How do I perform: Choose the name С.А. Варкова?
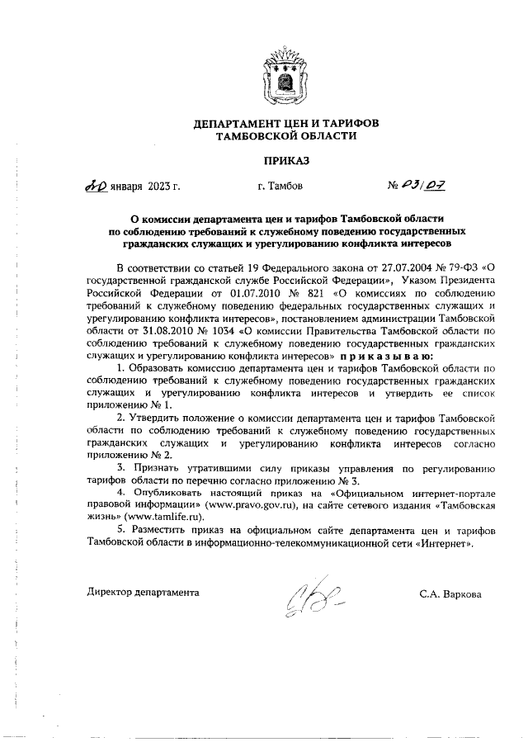click(449, 593)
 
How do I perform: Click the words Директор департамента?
click(144, 593)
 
